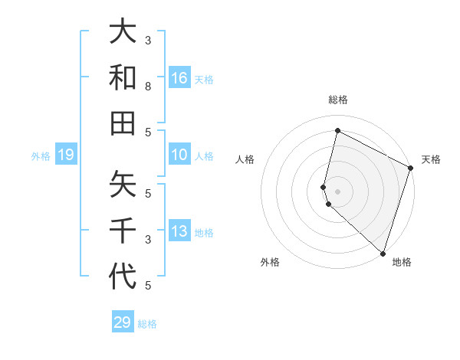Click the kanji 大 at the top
123,32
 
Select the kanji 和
123,77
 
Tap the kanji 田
123,123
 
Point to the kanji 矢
123,185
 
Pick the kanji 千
123,231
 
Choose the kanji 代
123,277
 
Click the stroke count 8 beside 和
148,87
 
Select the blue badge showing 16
179,77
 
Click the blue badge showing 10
179,155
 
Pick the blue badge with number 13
179,232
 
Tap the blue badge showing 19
66,155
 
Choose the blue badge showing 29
123,322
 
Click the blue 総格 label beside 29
147,324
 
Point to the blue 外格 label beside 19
41,156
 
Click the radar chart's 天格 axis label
431,159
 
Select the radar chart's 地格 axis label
402,262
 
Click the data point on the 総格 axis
337,131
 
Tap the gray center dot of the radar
337,191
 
